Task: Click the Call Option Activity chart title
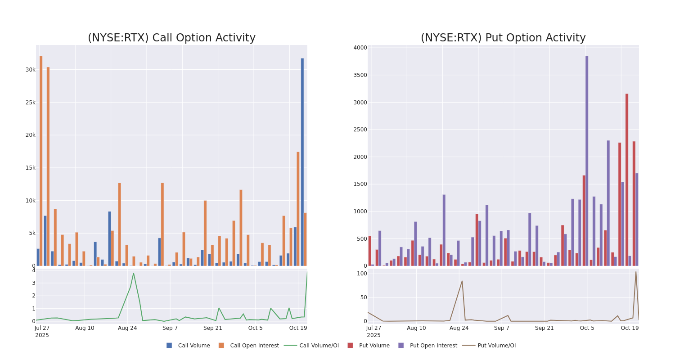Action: tap(171, 38)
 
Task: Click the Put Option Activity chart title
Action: tap(503, 38)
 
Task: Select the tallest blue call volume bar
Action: tap(302, 162)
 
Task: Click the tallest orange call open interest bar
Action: tap(41, 161)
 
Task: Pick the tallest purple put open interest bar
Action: tap(587, 161)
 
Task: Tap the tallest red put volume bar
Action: tap(626, 180)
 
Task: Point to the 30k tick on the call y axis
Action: tap(30, 70)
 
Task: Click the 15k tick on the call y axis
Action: tap(30, 168)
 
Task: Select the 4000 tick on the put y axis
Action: tap(360, 48)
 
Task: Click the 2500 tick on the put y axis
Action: tap(360, 130)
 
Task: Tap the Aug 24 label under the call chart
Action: tap(127, 328)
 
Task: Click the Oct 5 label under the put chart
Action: tap(587, 328)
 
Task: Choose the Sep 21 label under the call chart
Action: tap(212, 328)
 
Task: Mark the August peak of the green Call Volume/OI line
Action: tap(133, 273)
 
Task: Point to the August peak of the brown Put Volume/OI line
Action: tap(462, 281)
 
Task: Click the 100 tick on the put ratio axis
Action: tap(362, 274)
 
